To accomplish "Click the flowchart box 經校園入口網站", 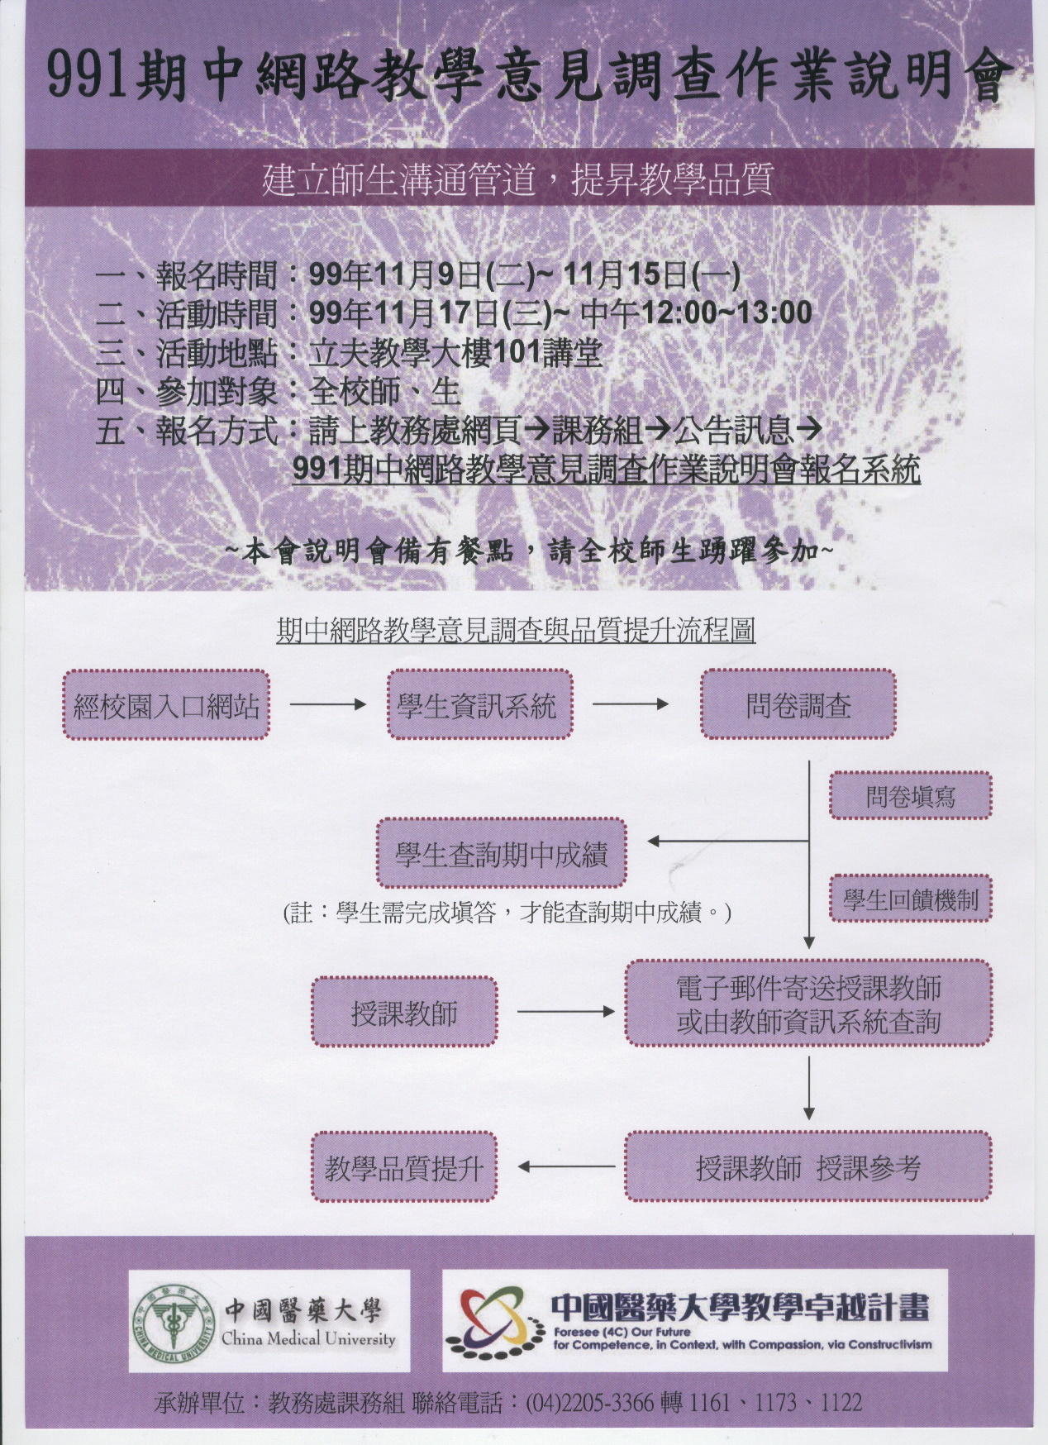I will tap(166, 705).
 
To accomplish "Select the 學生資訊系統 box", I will tap(479, 705).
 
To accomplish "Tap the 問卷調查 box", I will tap(798, 705).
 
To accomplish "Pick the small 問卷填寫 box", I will tap(910, 796).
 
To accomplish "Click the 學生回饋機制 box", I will tap(910, 899).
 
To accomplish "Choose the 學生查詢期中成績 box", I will tap(502, 853).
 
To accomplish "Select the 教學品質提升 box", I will tap(404, 1167).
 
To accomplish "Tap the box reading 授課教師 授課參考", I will tap(807, 1167).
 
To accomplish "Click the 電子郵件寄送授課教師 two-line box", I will tap(807, 1004).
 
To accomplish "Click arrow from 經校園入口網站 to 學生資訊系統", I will tap(327, 705).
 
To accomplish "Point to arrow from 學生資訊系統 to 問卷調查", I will tap(631, 705).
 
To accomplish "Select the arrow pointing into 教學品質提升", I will tap(566, 1167).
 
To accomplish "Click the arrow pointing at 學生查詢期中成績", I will tap(727, 842).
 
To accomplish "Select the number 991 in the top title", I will tap(86, 77).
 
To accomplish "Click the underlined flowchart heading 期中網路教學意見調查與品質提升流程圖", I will tap(517, 632).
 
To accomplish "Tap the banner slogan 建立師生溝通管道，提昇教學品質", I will tap(517, 179).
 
